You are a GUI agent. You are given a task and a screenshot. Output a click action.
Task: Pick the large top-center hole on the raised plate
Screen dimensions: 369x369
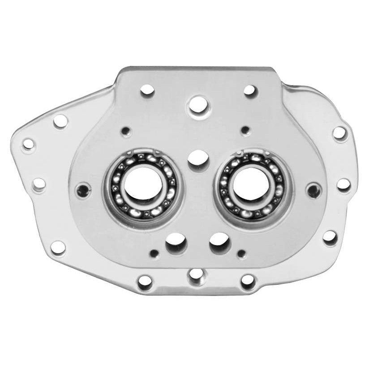point(197,106)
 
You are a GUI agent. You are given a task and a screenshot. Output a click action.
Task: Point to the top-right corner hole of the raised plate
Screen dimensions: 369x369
point(249,90)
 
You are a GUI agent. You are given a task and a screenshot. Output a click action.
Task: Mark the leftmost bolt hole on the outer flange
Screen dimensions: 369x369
point(28,144)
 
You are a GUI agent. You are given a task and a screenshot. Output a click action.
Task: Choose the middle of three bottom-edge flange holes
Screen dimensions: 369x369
point(195,274)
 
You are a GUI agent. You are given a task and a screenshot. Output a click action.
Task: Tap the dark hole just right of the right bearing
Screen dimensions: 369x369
point(313,189)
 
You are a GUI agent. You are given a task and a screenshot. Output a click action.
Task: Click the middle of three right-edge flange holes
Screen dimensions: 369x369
point(343,184)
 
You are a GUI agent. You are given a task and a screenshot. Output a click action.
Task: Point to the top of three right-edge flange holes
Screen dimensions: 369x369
point(339,133)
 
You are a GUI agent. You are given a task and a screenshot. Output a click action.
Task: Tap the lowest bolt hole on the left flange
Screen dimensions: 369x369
point(58,246)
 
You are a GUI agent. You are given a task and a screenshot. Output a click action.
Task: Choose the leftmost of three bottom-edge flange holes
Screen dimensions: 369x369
point(145,281)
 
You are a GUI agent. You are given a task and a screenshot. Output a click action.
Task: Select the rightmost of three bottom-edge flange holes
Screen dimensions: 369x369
point(247,280)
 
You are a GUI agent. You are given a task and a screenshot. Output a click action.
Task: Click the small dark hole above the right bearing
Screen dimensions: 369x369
point(245,130)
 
